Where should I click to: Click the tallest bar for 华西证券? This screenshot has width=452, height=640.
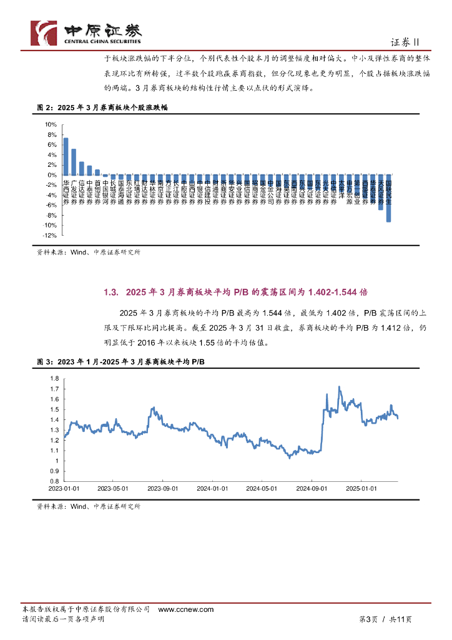[x=66, y=156]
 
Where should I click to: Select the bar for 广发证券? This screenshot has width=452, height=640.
[x=74, y=162]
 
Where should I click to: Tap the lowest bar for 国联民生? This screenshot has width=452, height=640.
[x=388, y=198]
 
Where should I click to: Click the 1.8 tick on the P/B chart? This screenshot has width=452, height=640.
[x=54, y=379]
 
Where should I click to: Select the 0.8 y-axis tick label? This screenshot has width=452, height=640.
[x=54, y=481]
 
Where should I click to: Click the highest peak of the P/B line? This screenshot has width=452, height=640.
[x=339, y=387]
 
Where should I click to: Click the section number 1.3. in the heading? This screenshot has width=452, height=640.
[x=111, y=292]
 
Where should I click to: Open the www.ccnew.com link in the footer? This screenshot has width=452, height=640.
[x=185, y=609]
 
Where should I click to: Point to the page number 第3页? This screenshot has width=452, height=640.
[x=369, y=619]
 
